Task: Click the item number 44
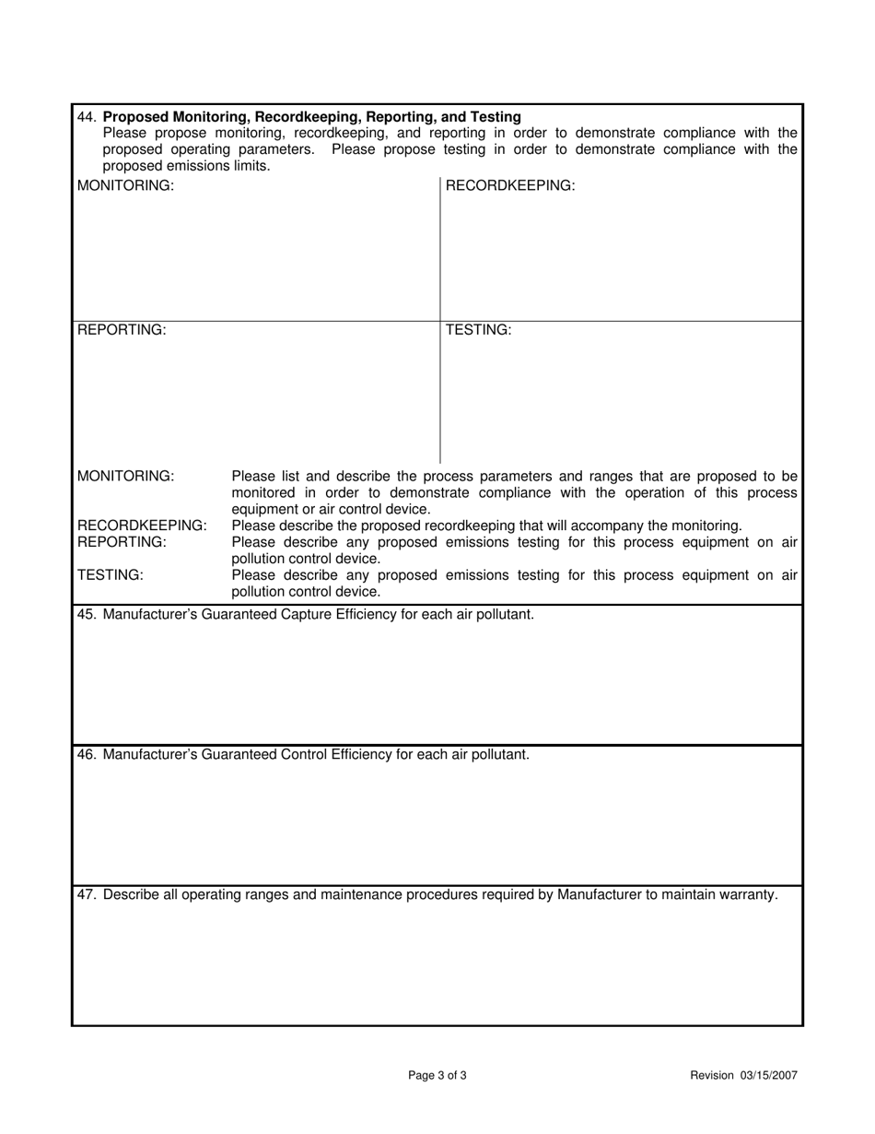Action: tap(87, 117)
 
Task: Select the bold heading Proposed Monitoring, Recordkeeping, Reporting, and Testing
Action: tap(312, 117)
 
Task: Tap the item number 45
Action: tap(87, 614)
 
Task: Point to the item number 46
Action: tap(87, 754)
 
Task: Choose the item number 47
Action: tap(87, 894)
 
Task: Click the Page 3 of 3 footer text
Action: tap(437, 1075)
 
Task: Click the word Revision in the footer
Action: tap(712, 1075)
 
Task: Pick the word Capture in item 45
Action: tap(316, 614)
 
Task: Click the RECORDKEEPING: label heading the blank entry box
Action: tap(510, 186)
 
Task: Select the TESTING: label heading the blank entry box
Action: tap(478, 330)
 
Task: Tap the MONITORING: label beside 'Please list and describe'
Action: tap(125, 477)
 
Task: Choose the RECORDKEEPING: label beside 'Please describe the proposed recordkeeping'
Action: tap(142, 526)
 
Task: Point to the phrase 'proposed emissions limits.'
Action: tap(186, 166)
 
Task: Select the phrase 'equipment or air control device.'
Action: tap(331, 509)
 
